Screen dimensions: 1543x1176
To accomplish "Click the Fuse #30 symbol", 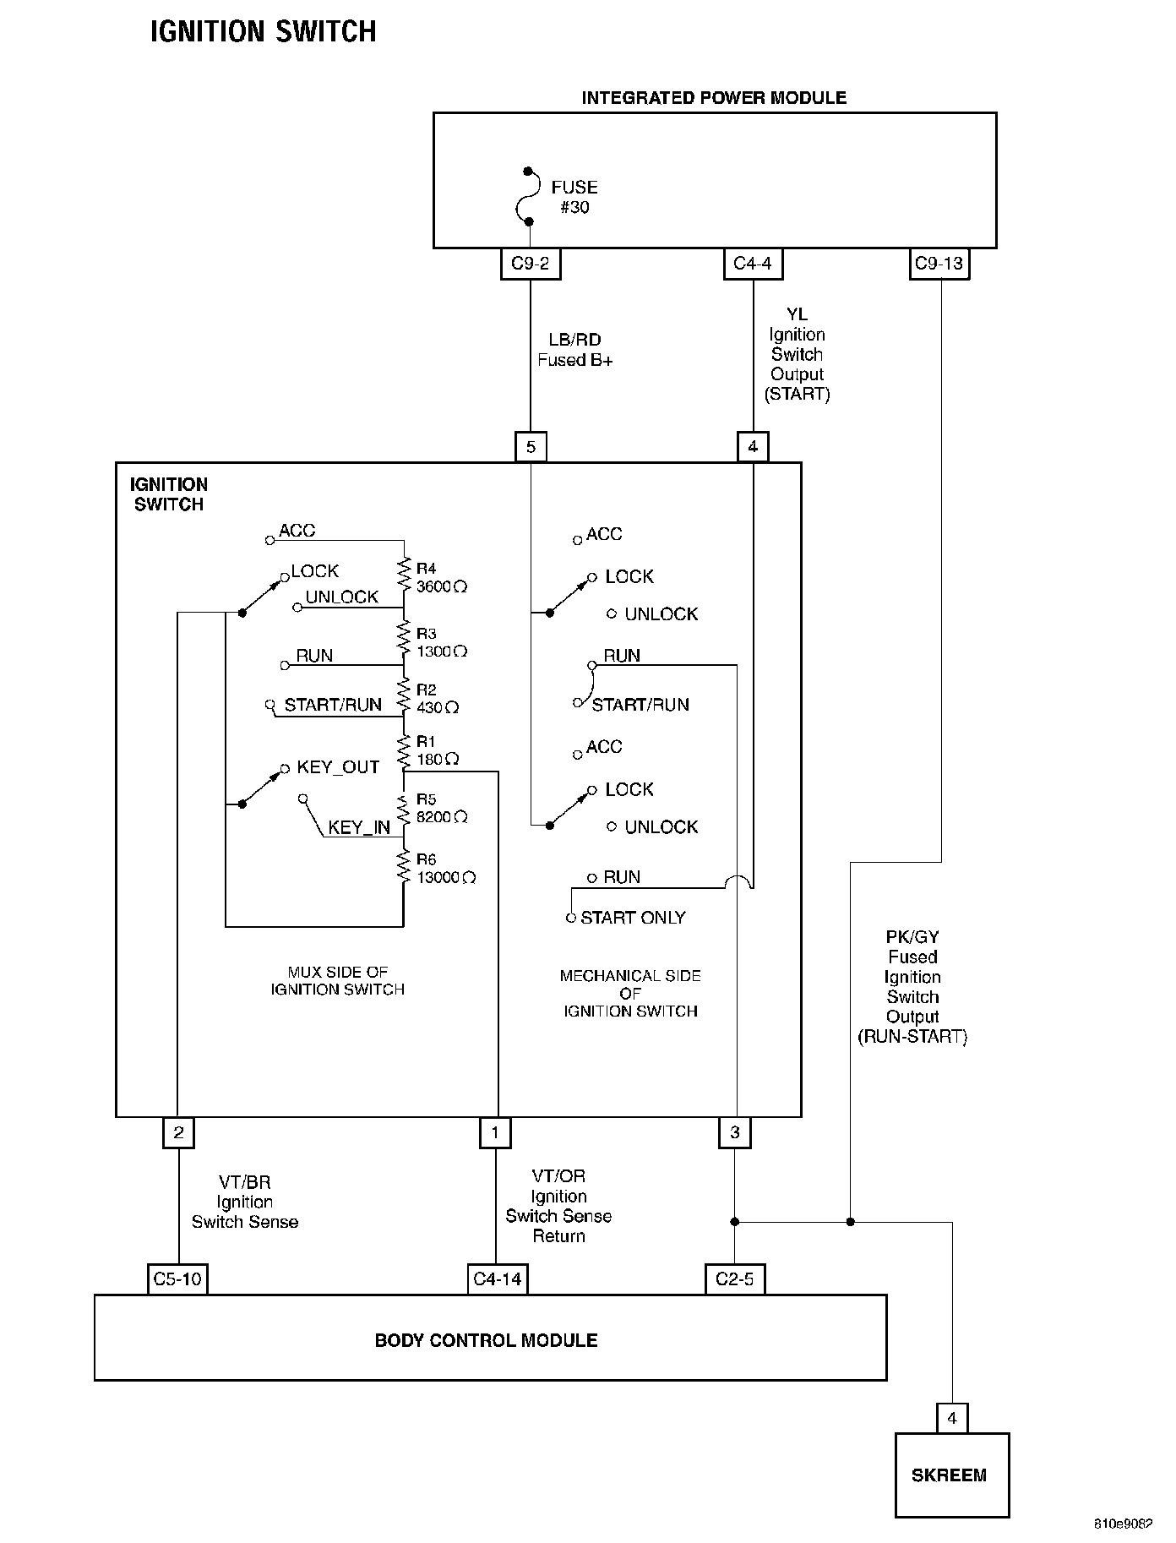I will [x=530, y=197].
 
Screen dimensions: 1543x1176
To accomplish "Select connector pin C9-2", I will [x=531, y=264].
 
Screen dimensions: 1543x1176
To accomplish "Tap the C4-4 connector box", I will [x=753, y=264].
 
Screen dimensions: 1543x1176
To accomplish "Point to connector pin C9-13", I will [x=939, y=264].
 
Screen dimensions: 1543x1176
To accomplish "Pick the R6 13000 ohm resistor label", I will [x=445, y=869].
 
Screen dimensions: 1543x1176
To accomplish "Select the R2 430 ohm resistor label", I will [x=437, y=699].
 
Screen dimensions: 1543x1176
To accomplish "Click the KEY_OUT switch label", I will [x=338, y=767].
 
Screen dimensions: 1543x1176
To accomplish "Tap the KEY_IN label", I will [x=359, y=827].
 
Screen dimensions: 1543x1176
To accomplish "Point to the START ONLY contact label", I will [x=633, y=918].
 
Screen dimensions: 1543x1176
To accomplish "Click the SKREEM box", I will [x=951, y=1475].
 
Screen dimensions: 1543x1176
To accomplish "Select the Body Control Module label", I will [x=486, y=1340].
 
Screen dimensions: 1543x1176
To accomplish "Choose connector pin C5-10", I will [x=177, y=1279].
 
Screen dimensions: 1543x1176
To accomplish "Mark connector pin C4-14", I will [x=498, y=1279].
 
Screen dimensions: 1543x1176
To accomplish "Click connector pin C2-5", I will [x=734, y=1279].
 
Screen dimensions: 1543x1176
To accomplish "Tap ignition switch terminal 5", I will [x=531, y=446].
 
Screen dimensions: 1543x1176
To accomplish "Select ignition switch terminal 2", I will [x=178, y=1132].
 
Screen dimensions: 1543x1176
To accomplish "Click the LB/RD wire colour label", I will [x=574, y=340].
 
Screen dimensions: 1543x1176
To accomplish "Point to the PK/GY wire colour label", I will [x=912, y=937].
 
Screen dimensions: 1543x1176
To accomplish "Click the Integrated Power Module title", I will [x=714, y=98].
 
